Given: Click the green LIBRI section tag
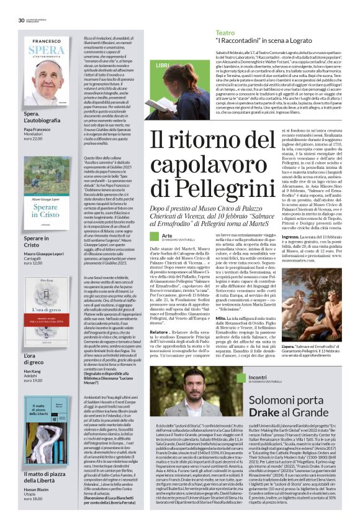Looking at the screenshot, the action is pos(162,65).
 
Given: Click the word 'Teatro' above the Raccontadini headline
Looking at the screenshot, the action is pos(225,32).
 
